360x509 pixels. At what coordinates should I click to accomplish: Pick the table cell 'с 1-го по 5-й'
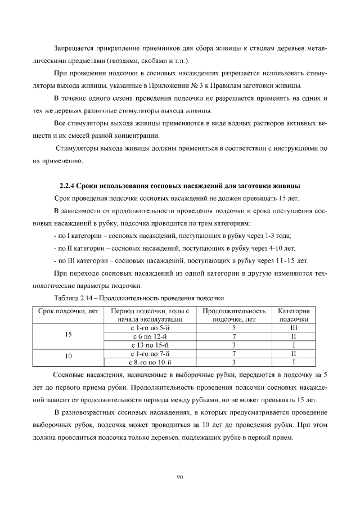tap(150, 327)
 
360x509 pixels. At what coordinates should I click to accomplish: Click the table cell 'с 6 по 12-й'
tap(150, 336)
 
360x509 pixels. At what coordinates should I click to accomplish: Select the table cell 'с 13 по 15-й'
tap(150, 345)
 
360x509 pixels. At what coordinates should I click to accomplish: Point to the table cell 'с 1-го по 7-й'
tap(150, 354)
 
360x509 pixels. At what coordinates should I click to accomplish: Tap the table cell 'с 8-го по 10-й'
tap(150, 362)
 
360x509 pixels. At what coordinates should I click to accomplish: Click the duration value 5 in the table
tap(233, 327)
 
